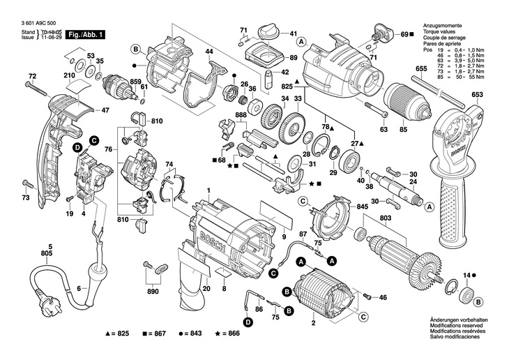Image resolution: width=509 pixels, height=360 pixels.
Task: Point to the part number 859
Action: tap(135, 82)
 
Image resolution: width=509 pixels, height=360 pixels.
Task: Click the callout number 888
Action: tap(241, 114)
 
